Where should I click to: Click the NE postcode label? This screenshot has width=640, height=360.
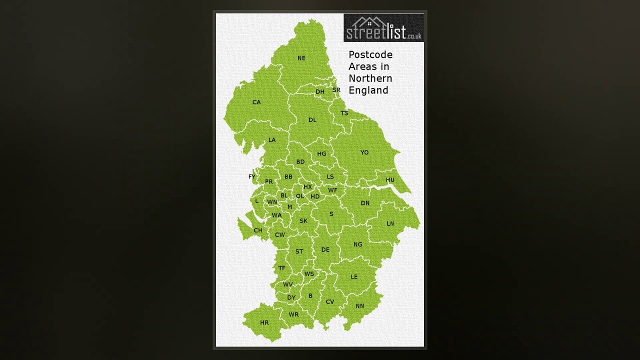pyautogui.click(x=301, y=58)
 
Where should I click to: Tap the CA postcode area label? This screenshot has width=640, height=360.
pyautogui.click(x=256, y=102)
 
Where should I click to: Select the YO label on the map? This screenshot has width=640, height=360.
pyautogui.click(x=364, y=152)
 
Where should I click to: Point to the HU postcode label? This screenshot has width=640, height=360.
pyautogui.click(x=390, y=180)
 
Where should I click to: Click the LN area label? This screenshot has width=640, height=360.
pyautogui.click(x=390, y=223)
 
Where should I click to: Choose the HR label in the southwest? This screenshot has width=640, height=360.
pyautogui.click(x=264, y=323)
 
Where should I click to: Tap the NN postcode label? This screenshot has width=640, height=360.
pyautogui.click(x=360, y=306)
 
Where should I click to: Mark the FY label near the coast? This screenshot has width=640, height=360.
pyautogui.click(x=252, y=177)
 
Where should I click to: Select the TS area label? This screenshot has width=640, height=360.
pyautogui.click(x=344, y=113)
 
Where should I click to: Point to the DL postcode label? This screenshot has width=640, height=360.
pyautogui.click(x=312, y=120)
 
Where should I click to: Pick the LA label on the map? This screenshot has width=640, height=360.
pyautogui.click(x=272, y=140)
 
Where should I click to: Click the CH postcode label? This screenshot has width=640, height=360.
pyautogui.click(x=258, y=230)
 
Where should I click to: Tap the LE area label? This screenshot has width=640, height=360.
pyautogui.click(x=354, y=277)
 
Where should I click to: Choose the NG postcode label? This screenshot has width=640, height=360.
pyautogui.click(x=358, y=244)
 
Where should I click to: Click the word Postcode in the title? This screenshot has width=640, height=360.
pyautogui.click(x=370, y=54)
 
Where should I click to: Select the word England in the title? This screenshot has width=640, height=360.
pyautogui.click(x=368, y=90)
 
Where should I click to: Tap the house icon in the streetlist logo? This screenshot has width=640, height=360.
pyautogui.click(x=369, y=22)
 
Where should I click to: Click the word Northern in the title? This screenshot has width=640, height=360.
pyautogui.click(x=370, y=78)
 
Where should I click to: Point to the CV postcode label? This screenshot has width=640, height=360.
pyautogui.click(x=330, y=302)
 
